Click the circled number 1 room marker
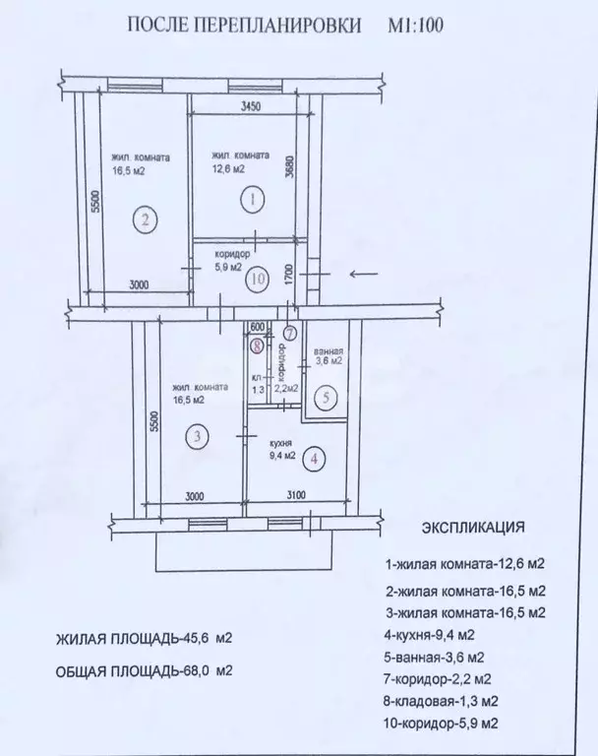click(x=254, y=200)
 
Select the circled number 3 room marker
click(x=197, y=436)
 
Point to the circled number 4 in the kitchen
click(x=313, y=458)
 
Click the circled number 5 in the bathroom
click(x=329, y=399)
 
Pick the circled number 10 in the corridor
click(x=258, y=279)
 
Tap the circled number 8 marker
click(x=257, y=346)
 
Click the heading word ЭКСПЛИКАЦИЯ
click(x=473, y=527)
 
